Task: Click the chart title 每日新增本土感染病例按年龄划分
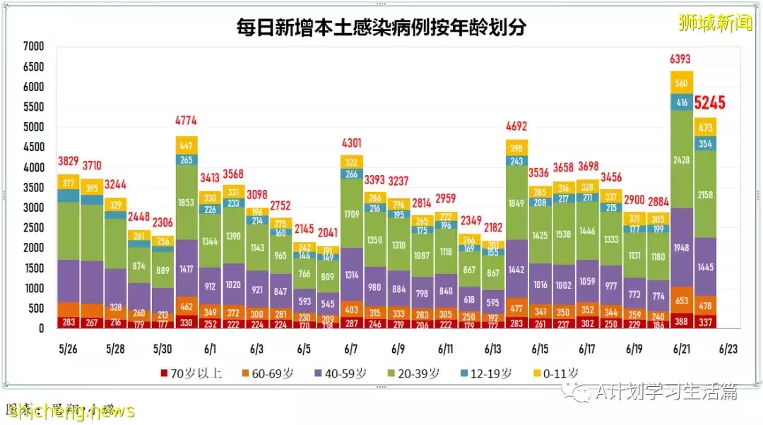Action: (381, 28)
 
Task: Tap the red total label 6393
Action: (681, 59)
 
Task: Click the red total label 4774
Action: (187, 121)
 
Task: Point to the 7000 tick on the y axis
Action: (33, 47)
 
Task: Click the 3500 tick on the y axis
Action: (33, 188)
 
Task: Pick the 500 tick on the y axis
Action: (36, 309)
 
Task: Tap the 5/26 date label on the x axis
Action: (68, 349)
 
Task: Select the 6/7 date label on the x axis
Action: (351, 349)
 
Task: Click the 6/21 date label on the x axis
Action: (681, 349)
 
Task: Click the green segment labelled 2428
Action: (681, 160)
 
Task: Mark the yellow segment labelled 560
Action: (681, 83)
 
